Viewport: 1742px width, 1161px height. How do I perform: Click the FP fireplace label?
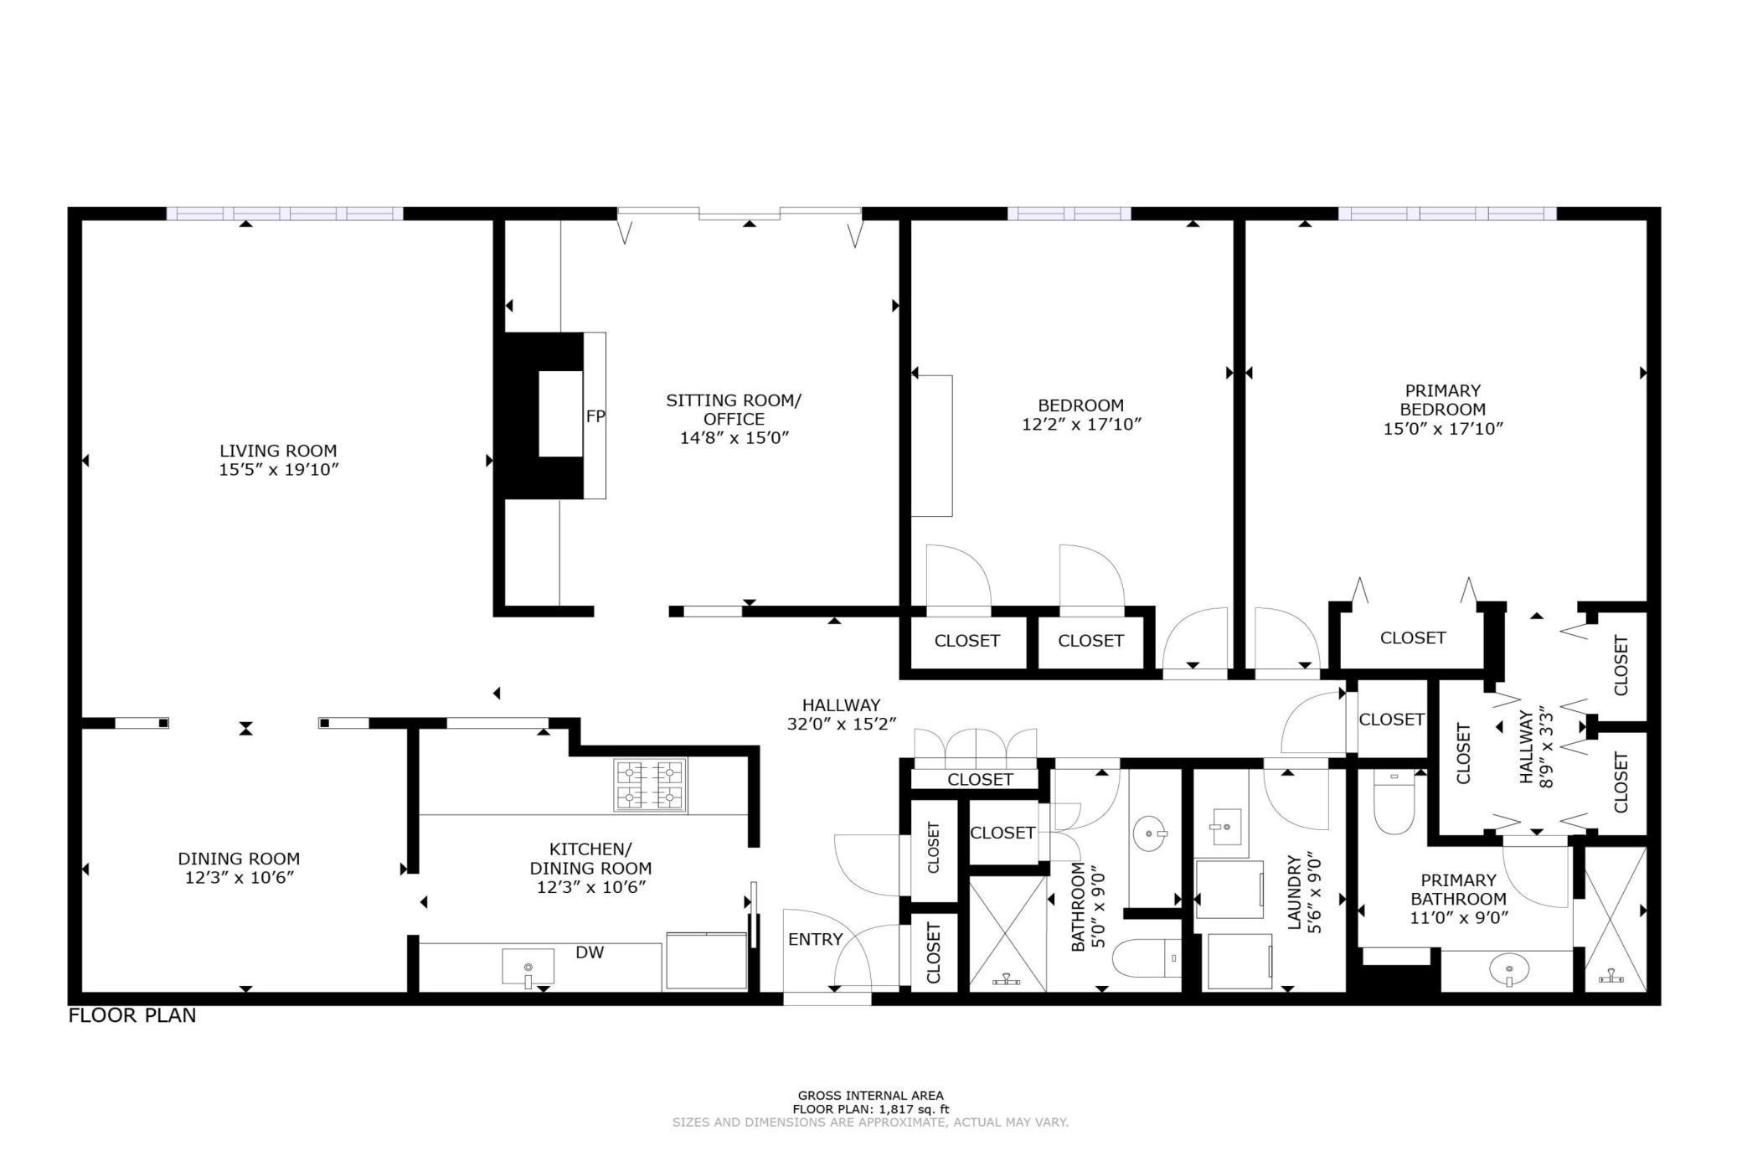595,416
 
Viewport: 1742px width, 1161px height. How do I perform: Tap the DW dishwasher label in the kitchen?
590,952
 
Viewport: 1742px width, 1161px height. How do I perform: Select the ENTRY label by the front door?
815,939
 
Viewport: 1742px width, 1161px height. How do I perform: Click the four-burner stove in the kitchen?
651,785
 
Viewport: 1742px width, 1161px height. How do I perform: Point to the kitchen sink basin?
528,967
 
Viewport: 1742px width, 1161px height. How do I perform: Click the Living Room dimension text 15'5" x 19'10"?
278,469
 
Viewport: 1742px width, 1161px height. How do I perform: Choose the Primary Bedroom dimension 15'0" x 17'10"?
1443,428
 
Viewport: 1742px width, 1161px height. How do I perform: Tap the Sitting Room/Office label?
734,410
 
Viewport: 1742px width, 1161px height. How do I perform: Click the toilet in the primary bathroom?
1394,801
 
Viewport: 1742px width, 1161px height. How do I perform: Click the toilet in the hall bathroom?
1147,957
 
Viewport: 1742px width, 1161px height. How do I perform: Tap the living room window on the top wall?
285,214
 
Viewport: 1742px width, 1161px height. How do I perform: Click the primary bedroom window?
1447,214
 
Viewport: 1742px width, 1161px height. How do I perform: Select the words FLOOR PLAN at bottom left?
132,1015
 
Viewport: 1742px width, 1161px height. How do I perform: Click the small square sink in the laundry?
1227,827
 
